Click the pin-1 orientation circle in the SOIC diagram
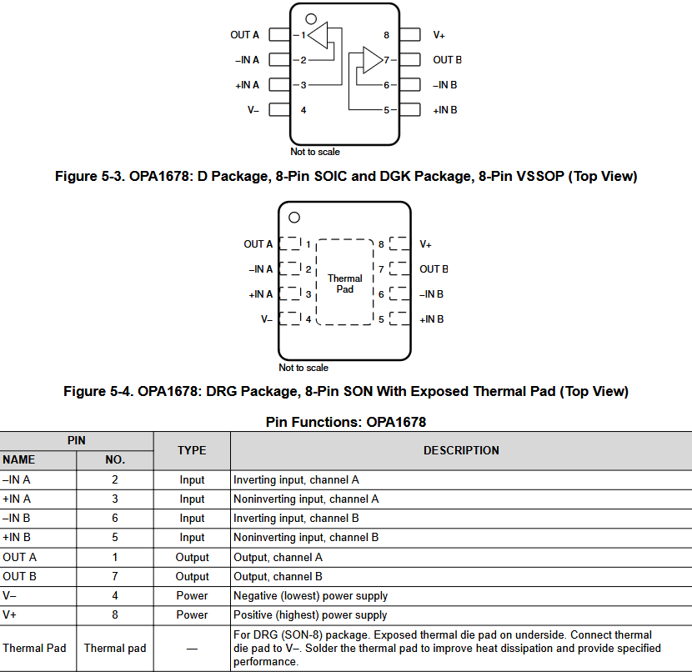click(x=311, y=18)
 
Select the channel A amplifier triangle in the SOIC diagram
click(x=318, y=36)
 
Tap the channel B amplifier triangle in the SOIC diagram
click(x=371, y=60)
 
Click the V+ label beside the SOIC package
click(x=439, y=35)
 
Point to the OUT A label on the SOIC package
click(x=244, y=35)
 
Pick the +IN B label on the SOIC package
click(x=444, y=110)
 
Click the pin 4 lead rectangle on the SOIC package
click(x=279, y=110)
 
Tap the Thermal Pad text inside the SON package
click(x=344, y=283)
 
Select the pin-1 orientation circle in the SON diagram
click(x=294, y=218)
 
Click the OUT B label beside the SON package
click(x=434, y=269)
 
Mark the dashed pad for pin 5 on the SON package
click(x=400, y=319)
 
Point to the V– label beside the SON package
click(x=267, y=319)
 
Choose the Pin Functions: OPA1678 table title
click(x=345, y=422)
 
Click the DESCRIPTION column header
click(x=461, y=450)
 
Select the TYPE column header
click(x=192, y=450)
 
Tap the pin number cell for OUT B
click(x=115, y=576)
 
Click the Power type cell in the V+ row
click(x=192, y=614)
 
